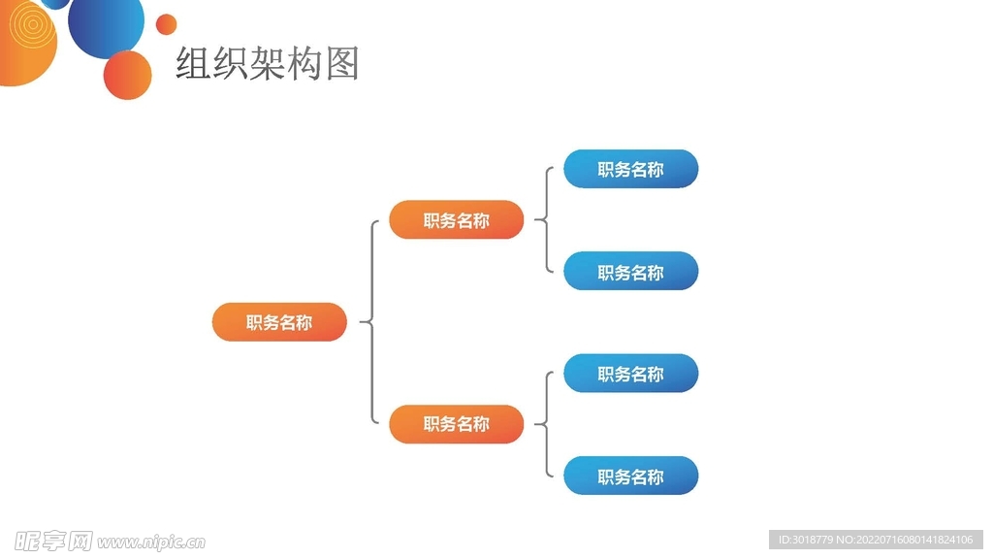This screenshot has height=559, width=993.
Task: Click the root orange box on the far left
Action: [279, 322]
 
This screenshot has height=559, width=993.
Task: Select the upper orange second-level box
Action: [456, 220]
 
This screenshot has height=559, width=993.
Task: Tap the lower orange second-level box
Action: [456, 424]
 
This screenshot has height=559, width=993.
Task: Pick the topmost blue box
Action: [630, 169]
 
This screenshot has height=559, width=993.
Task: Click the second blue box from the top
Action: [630, 272]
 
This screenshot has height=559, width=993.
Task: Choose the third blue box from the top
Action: [630, 374]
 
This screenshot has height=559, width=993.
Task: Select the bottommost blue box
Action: [630, 477]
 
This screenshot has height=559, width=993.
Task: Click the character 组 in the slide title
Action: [194, 64]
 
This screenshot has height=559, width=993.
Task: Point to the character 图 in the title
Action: [342, 64]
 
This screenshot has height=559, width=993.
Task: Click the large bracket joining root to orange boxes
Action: [372, 321]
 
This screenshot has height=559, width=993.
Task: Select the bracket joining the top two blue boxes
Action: [547, 220]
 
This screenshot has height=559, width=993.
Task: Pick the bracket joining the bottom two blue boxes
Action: [547, 424]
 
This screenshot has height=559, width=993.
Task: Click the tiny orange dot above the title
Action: [167, 24]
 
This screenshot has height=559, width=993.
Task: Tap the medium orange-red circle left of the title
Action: [128, 75]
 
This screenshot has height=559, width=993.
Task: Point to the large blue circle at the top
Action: [106, 25]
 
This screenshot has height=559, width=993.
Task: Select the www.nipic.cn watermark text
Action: [151, 542]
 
